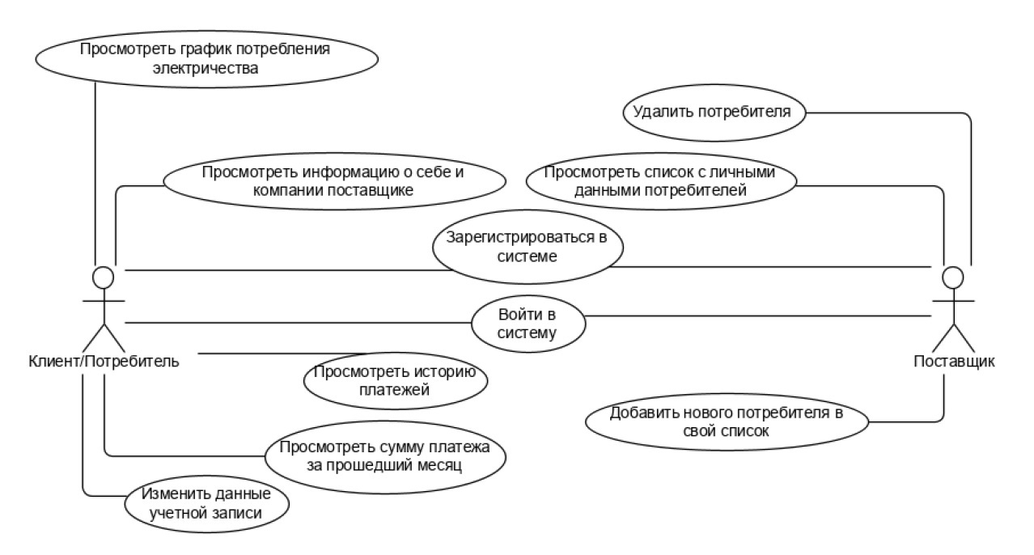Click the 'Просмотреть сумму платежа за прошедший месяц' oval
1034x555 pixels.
385,456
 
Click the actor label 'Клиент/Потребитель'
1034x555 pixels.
103,360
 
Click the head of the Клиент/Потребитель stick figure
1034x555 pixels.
103,278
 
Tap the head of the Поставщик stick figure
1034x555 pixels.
954,278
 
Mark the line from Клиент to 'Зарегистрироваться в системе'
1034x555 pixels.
283,269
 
